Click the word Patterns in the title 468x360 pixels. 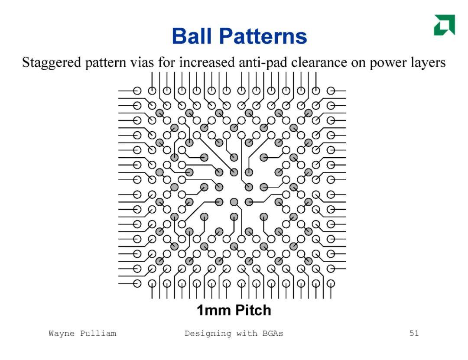pos(263,36)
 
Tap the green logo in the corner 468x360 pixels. pos(445,25)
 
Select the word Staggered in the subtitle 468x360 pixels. pos(52,63)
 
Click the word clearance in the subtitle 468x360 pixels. pos(319,62)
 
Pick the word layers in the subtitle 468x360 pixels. pos(428,63)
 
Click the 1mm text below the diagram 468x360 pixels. pos(214,310)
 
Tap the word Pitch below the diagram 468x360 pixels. pos(253,310)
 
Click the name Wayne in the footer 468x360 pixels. pos(62,334)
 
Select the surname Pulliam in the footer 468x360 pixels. pos(98,334)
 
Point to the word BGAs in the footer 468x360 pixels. pos(273,333)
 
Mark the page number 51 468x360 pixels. pos(414,333)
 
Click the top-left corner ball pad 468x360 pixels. pos(137,91)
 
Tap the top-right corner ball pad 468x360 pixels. pos(331,91)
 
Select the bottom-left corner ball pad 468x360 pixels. pos(137,284)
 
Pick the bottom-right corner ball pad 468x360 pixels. pos(331,284)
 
